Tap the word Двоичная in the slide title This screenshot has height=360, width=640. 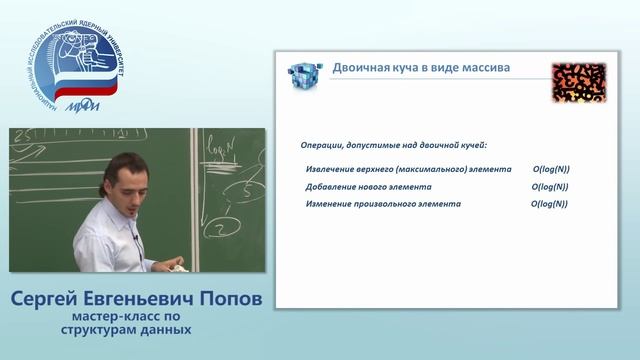click(x=360, y=68)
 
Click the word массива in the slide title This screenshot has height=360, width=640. click(x=483, y=68)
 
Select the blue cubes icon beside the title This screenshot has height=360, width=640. click(x=303, y=75)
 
